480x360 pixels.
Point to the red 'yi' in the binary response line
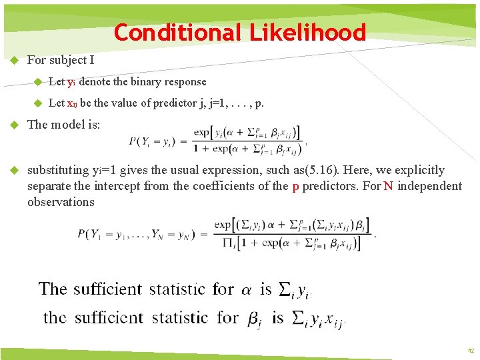(71, 82)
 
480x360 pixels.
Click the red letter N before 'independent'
(387, 186)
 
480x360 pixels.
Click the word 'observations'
(61, 201)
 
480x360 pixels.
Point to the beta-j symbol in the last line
(254, 319)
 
